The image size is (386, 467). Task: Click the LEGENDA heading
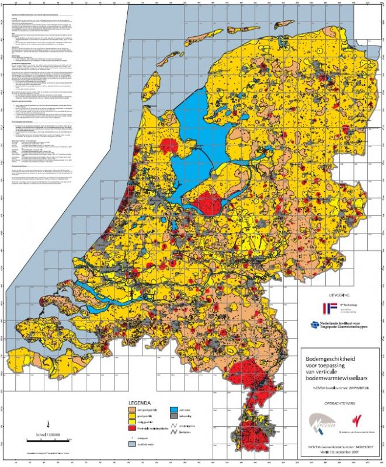140,403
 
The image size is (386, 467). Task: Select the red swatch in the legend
133,428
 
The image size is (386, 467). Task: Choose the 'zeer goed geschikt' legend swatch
133,411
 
